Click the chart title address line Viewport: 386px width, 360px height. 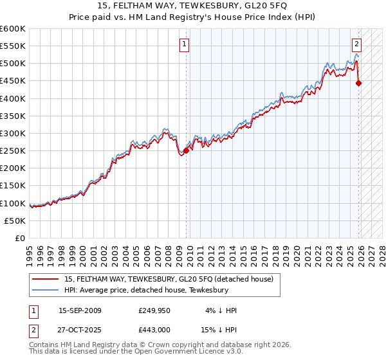192,6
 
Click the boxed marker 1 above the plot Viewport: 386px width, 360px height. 184,44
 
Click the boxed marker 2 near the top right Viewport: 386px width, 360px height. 356,44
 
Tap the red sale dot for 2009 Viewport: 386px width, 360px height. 186,150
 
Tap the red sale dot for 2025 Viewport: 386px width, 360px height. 359,83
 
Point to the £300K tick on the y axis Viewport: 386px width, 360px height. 14,133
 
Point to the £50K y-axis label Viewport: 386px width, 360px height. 16,221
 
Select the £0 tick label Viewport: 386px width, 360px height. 21,238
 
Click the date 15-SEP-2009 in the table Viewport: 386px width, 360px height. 80,310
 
